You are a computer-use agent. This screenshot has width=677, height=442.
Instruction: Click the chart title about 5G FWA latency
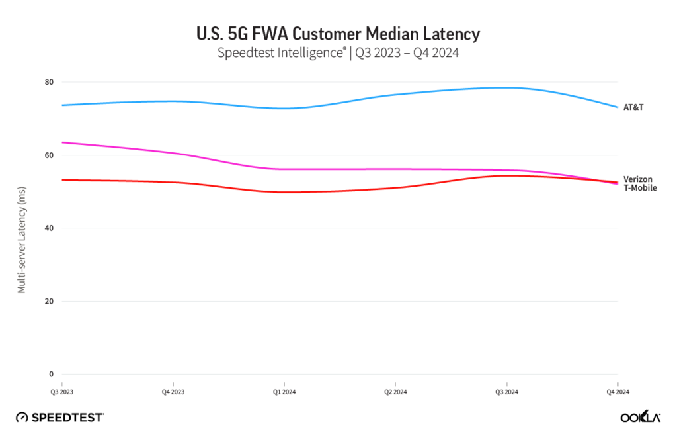click(x=338, y=33)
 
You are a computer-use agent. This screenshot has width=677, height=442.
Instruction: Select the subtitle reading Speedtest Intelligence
click(x=338, y=53)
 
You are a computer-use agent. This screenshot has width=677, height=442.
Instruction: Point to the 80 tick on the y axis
click(x=49, y=82)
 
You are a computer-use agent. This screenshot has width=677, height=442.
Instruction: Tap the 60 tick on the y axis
click(x=49, y=155)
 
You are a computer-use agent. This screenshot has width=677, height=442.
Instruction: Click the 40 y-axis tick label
click(x=49, y=228)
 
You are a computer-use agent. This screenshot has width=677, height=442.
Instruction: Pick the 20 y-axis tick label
click(x=49, y=301)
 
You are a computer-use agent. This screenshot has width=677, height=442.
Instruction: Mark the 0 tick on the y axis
click(x=51, y=374)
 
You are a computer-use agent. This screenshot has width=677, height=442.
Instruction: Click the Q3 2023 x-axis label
click(x=62, y=392)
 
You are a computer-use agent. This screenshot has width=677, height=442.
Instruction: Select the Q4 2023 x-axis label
click(x=173, y=392)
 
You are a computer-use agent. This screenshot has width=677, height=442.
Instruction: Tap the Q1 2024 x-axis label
click(x=284, y=392)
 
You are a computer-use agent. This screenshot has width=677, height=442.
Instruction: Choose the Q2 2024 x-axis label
click(x=395, y=392)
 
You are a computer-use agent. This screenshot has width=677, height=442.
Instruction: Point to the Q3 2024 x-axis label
click(x=506, y=392)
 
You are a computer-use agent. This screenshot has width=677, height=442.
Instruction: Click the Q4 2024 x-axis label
click(x=617, y=392)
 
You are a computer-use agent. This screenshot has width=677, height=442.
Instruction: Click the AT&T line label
click(x=633, y=107)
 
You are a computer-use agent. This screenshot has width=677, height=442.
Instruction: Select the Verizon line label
click(x=638, y=179)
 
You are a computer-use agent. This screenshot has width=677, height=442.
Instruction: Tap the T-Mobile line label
click(x=640, y=188)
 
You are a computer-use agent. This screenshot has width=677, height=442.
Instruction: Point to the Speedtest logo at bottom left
click(x=60, y=417)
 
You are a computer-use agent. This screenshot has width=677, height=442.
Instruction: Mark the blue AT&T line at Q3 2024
click(x=506, y=87)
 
